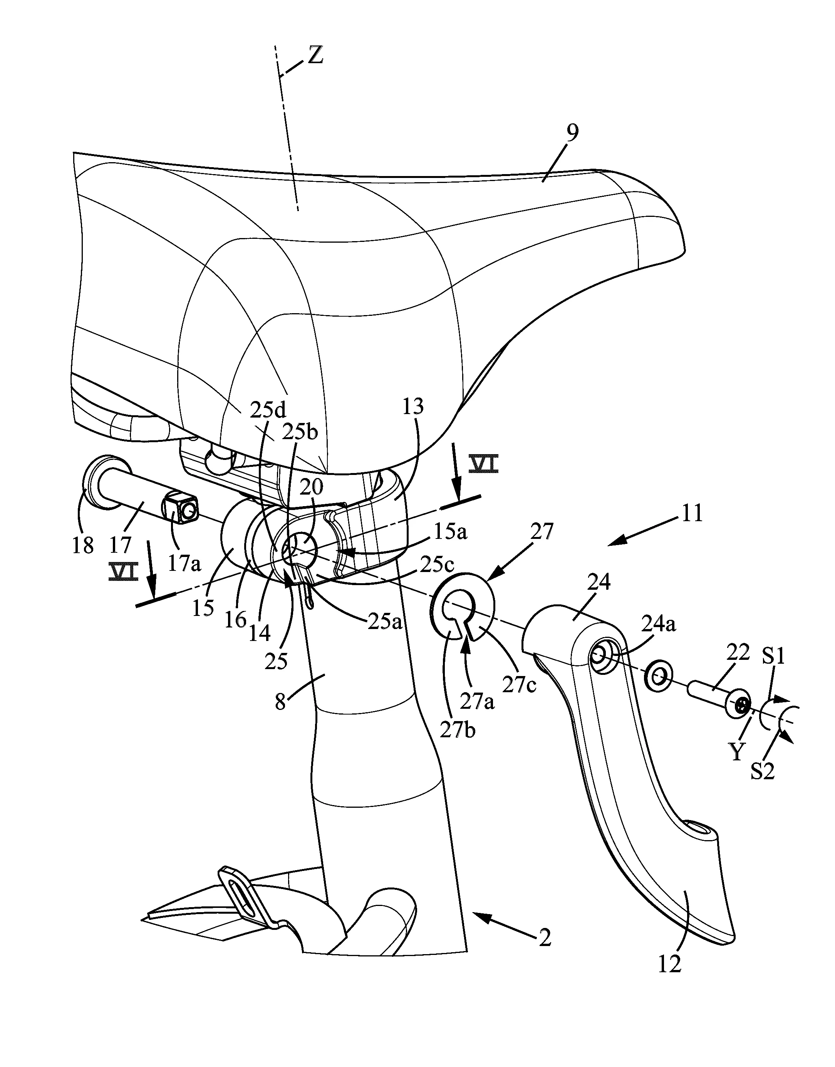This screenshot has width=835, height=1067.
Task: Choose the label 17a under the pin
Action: point(184,565)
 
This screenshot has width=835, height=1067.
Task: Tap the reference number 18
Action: point(83,545)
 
